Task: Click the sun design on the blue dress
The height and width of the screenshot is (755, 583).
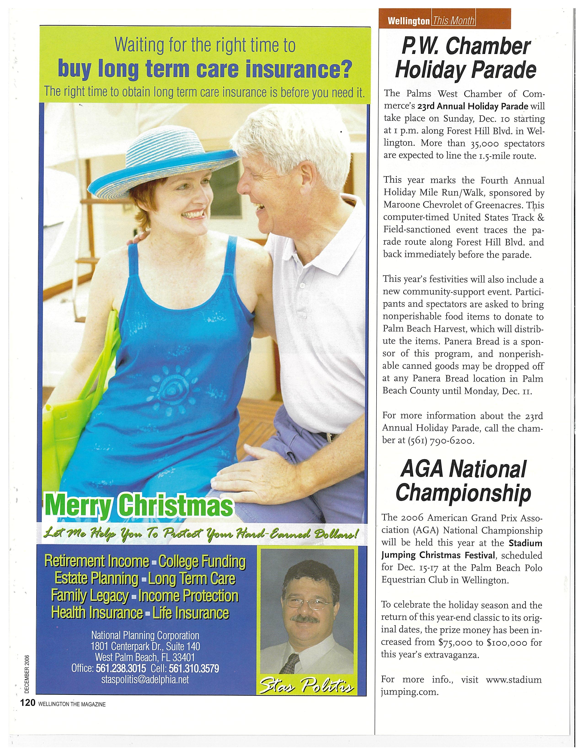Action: (x=173, y=386)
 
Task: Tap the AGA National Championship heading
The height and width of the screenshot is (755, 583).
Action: (x=463, y=480)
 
